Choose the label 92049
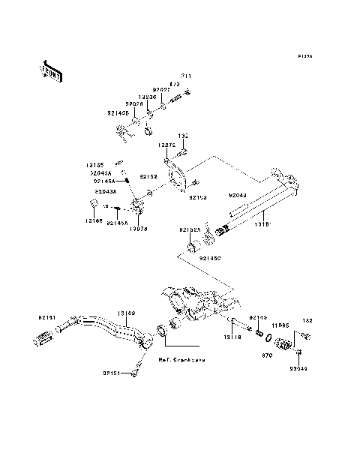[x=300, y=368]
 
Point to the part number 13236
[x=148, y=97]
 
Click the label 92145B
[x=117, y=114]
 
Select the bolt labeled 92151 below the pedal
[x=136, y=368]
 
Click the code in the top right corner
[x=304, y=56]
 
